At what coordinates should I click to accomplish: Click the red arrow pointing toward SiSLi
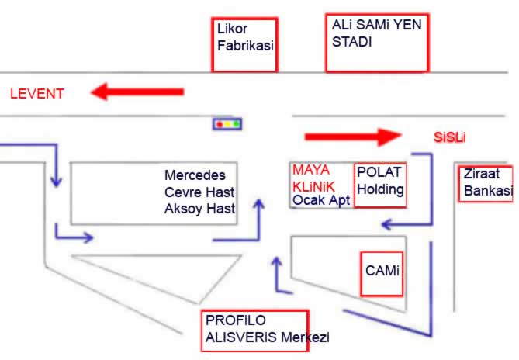coord(351,137)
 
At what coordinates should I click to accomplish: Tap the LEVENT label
coord(36,94)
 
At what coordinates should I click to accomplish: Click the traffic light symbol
coord(227,123)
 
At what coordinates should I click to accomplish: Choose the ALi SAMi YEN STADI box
coord(377,43)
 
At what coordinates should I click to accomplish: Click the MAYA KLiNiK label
coord(312,178)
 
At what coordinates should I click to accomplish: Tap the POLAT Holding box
coord(380,185)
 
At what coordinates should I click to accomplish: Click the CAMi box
coord(382,273)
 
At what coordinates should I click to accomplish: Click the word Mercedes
coord(195,175)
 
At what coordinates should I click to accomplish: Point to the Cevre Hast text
coord(199,192)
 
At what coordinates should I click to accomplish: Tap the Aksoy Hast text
coord(200,209)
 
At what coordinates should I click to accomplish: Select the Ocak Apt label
coord(321,200)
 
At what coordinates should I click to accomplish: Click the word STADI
coord(351,43)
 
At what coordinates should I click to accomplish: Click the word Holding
coord(381,189)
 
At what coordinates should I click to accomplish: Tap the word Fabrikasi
coord(246,46)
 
